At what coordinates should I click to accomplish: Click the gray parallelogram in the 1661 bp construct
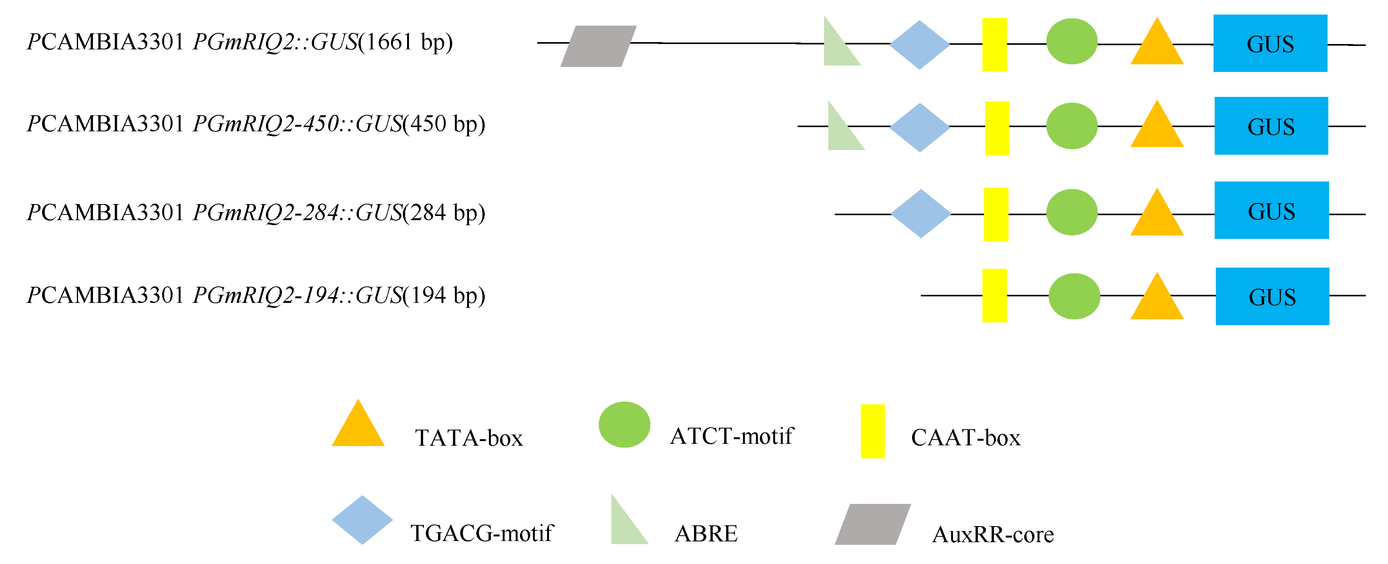(x=598, y=46)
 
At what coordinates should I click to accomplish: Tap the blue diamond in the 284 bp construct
(x=920, y=214)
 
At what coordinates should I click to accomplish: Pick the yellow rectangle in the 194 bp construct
(x=995, y=296)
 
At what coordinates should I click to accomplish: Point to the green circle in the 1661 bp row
(x=1071, y=41)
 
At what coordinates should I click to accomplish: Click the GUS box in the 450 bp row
(x=1271, y=126)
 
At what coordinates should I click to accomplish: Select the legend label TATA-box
(x=469, y=438)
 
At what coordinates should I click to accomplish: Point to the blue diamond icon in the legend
(x=362, y=520)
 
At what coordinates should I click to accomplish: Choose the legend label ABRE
(x=706, y=534)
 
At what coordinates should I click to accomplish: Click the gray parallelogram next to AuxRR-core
(x=872, y=524)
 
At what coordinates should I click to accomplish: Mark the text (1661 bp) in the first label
(x=405, y=42)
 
